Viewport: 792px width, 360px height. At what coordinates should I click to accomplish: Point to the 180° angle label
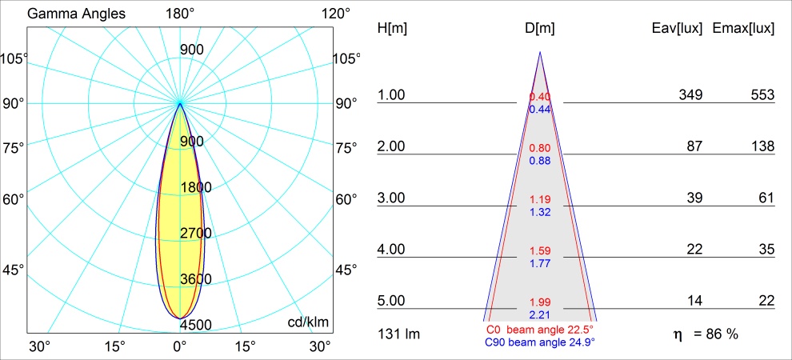click(179, 14)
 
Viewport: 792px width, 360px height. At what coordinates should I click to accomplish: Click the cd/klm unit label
click(308, 322)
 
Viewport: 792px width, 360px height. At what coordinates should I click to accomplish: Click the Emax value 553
click(762, 95)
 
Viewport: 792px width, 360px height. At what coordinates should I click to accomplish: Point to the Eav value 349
click(690, 95)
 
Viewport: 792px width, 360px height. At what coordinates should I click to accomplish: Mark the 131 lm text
click(398, 333)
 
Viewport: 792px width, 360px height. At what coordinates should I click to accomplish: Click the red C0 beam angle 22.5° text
click(539, 329)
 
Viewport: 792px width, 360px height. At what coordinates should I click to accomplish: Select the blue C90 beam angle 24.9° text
click(539, 342)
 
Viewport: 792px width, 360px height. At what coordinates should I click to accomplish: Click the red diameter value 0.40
click(540, 97)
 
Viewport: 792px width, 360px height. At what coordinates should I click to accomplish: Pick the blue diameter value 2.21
click(540, 314)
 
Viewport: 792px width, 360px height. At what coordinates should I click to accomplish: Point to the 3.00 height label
click(392, 198)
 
